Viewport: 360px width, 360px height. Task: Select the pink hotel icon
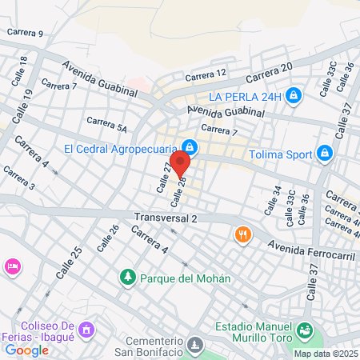[12, 266]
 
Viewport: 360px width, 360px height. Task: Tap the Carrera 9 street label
[25, 33]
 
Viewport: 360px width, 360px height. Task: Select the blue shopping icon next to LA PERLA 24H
[294, 96]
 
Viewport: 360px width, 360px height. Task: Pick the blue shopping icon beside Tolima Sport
[324, 153]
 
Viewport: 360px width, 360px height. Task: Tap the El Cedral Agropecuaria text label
[121, 148]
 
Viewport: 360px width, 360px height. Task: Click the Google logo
[26, 350]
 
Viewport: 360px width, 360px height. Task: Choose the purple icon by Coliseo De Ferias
[86, 330]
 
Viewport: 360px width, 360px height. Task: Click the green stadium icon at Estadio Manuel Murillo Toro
[304, 329]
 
